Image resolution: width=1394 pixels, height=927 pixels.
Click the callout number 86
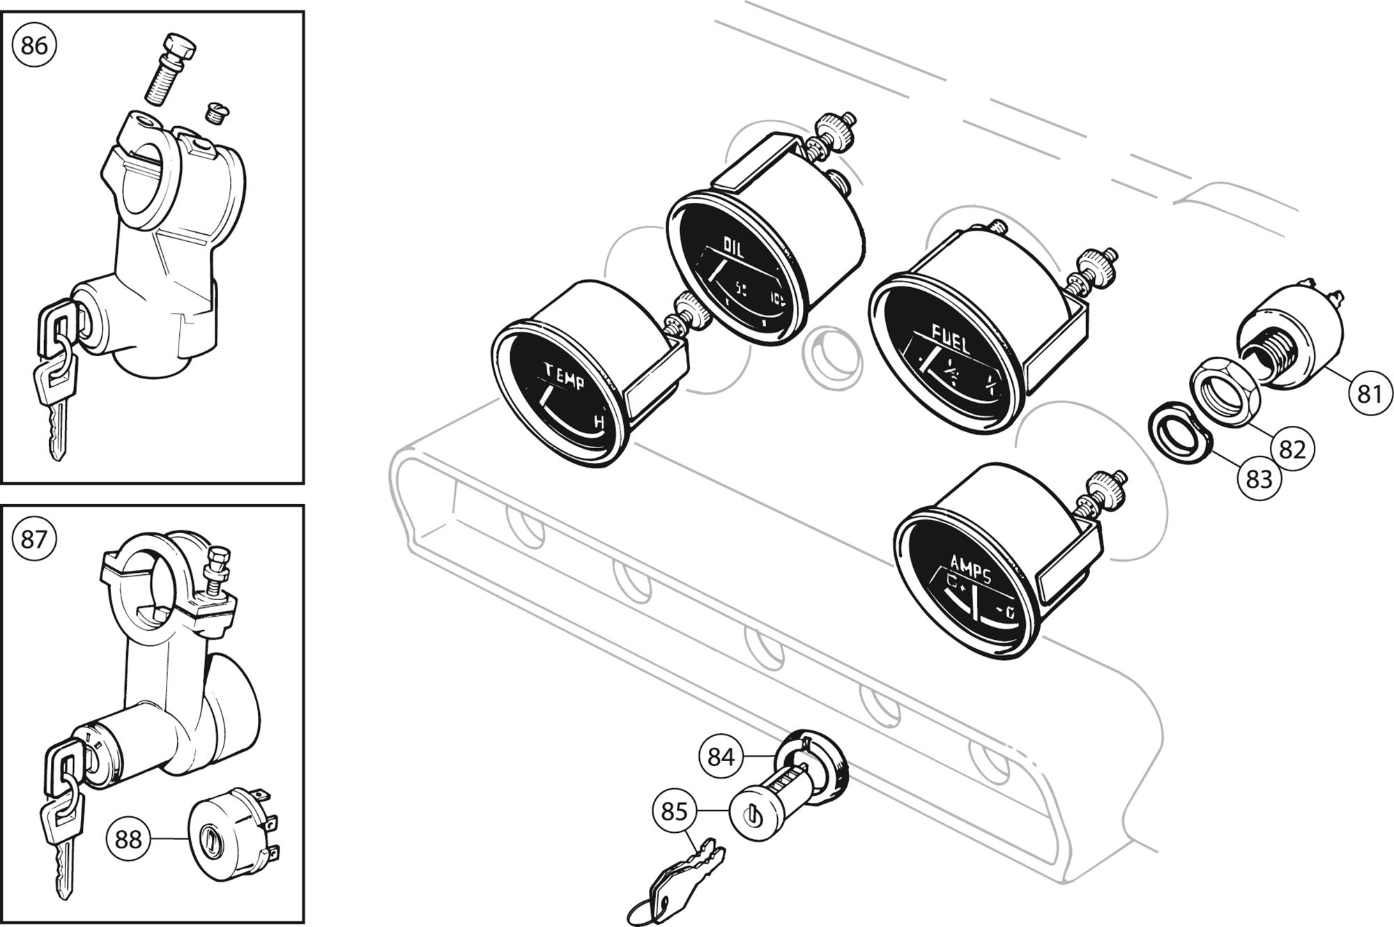(34, 46)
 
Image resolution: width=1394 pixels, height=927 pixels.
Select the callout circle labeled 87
(33, 539)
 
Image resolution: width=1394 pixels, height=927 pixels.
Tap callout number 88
(128, 840)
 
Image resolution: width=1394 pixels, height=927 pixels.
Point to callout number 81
(1369, 394)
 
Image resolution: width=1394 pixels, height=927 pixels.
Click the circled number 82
(1292, 450)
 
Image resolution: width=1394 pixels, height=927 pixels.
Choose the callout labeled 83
(1259, 480)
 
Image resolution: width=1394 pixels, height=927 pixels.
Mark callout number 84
(721, 756)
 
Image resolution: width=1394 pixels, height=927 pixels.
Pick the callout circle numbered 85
(674, 812)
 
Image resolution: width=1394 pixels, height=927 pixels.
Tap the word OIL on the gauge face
(734, 246)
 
